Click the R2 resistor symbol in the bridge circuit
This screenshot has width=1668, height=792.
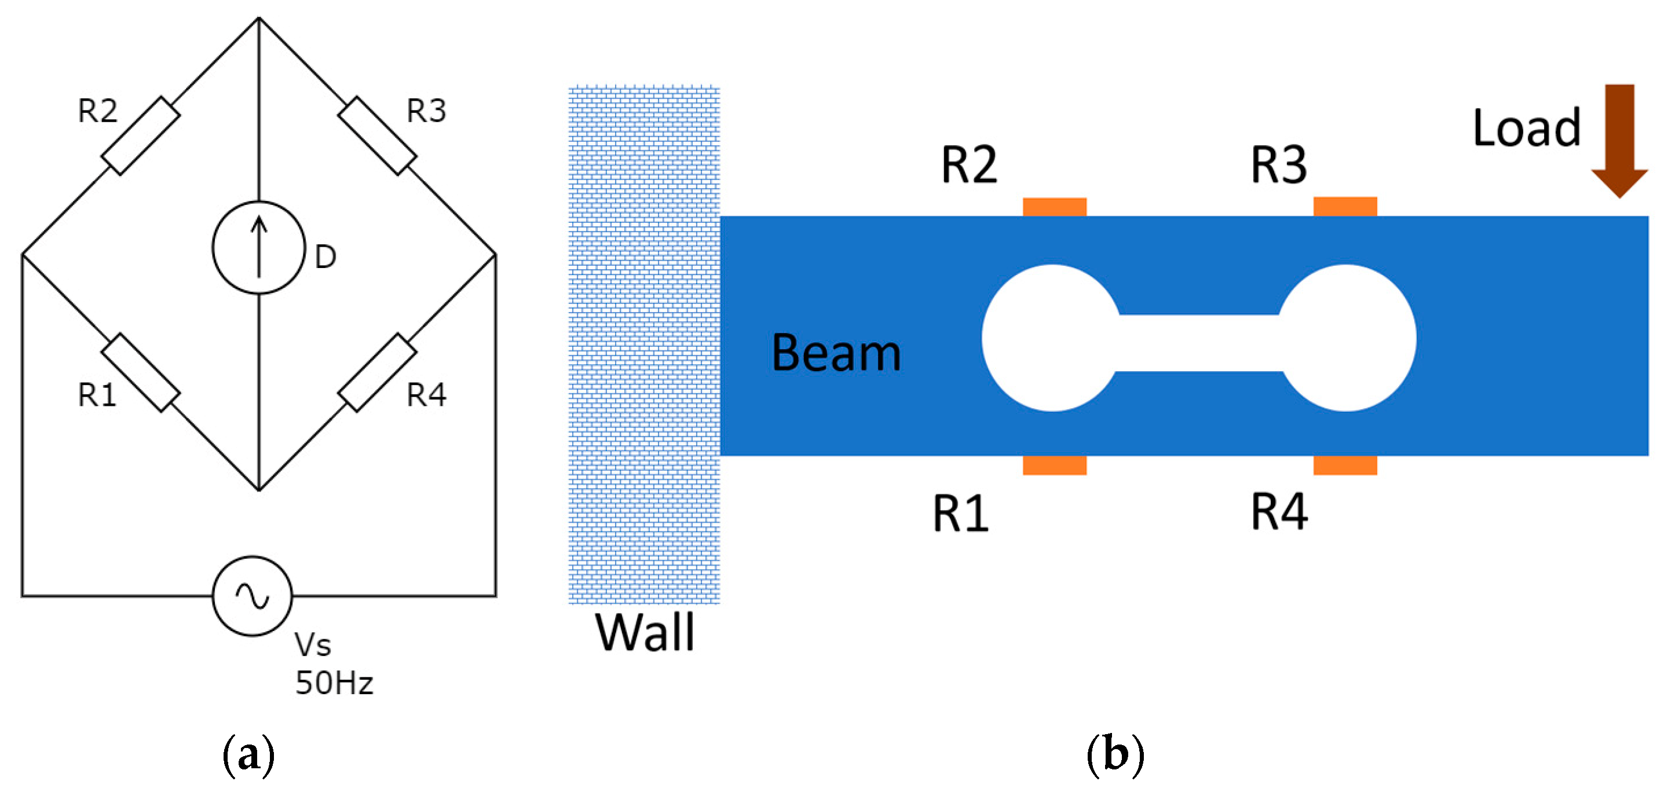tap(141, 136)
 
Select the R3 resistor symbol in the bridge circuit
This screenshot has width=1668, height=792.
tap(377, 136)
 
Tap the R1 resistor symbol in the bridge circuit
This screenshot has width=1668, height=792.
tap(141, 373)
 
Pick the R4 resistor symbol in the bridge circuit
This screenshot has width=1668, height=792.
tap(377, 373)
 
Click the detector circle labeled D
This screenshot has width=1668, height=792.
tap(258, 248)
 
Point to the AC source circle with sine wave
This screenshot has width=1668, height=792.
tap(253, 596)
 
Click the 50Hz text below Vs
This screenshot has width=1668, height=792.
tap(334, 683)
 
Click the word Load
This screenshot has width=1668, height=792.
tap(1526, 128)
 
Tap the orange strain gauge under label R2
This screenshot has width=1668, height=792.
tap(1054, 207)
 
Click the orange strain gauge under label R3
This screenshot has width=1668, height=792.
tap(1345, 207)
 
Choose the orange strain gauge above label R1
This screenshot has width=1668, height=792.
tap(1054, 465)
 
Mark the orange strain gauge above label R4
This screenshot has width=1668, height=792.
tap(1345, 465)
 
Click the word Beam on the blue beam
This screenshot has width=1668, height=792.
tap(836, 353)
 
